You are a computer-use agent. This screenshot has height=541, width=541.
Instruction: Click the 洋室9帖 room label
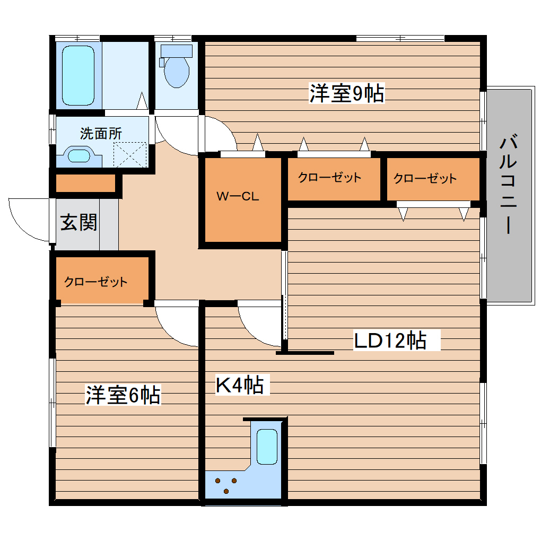point(347,94)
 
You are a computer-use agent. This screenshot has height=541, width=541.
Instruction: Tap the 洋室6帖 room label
point(123,395)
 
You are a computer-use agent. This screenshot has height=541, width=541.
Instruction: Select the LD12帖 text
point(390,341)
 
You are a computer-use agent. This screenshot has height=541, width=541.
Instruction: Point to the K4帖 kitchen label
point(239,385)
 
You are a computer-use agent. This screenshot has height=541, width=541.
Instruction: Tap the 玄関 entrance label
point(78,223)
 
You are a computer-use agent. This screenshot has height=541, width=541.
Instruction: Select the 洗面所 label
point(101,134)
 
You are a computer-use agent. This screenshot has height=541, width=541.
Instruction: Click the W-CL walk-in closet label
point(237,197)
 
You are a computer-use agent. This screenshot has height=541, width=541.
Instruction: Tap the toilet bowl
point(176,70)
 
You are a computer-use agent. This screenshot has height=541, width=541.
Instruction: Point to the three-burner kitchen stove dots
point(226,485)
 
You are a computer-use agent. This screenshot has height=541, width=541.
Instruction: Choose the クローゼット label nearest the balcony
point(424,178)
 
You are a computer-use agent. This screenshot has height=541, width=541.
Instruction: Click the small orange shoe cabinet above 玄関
point(85,184)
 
